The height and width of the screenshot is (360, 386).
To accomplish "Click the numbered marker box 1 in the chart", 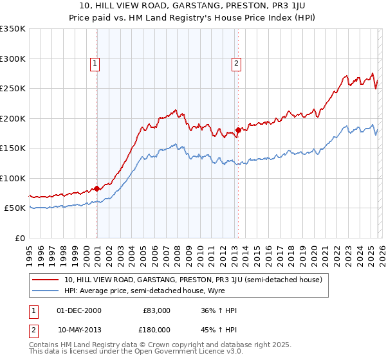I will point(95,63).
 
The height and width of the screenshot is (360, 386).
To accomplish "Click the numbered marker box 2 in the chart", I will point(236,63).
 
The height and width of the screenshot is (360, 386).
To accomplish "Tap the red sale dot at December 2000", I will point(97,188).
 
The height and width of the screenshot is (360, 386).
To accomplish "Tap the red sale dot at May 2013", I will point(238,130).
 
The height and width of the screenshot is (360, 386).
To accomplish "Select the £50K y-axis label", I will point(15,208).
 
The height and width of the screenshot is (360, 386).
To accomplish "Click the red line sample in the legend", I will point(46,280).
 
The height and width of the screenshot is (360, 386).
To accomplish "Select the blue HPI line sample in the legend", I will point(46,291).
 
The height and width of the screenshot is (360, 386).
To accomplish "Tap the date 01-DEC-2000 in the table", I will point(79,310).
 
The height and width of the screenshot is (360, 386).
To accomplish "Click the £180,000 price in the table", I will point(156,329).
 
